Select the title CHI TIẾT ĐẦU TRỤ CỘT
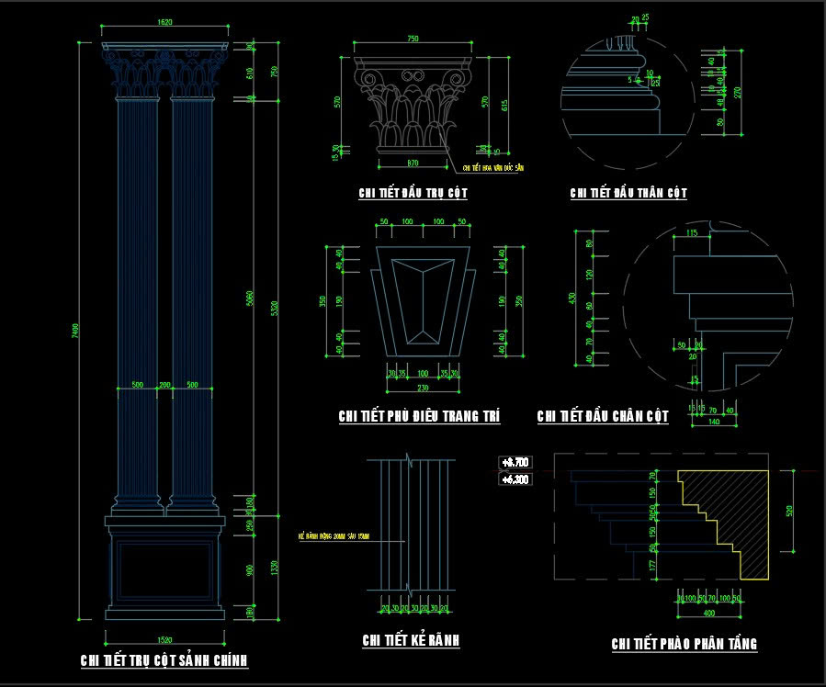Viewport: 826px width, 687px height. point(413,193)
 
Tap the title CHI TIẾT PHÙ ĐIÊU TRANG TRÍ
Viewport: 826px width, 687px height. point(419,416)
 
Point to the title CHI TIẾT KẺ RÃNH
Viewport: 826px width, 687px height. point(411,640)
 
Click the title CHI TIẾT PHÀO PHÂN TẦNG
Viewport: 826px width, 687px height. point(684,644)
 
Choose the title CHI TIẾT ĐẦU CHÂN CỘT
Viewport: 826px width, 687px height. point(603,417)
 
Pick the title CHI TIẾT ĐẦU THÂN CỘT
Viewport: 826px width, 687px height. point(628,193)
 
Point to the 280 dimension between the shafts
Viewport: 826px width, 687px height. point(165,385)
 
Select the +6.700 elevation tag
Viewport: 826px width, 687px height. point(515,462)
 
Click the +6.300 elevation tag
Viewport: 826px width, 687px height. point(515,479)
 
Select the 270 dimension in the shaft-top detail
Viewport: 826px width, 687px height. point(736,92)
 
